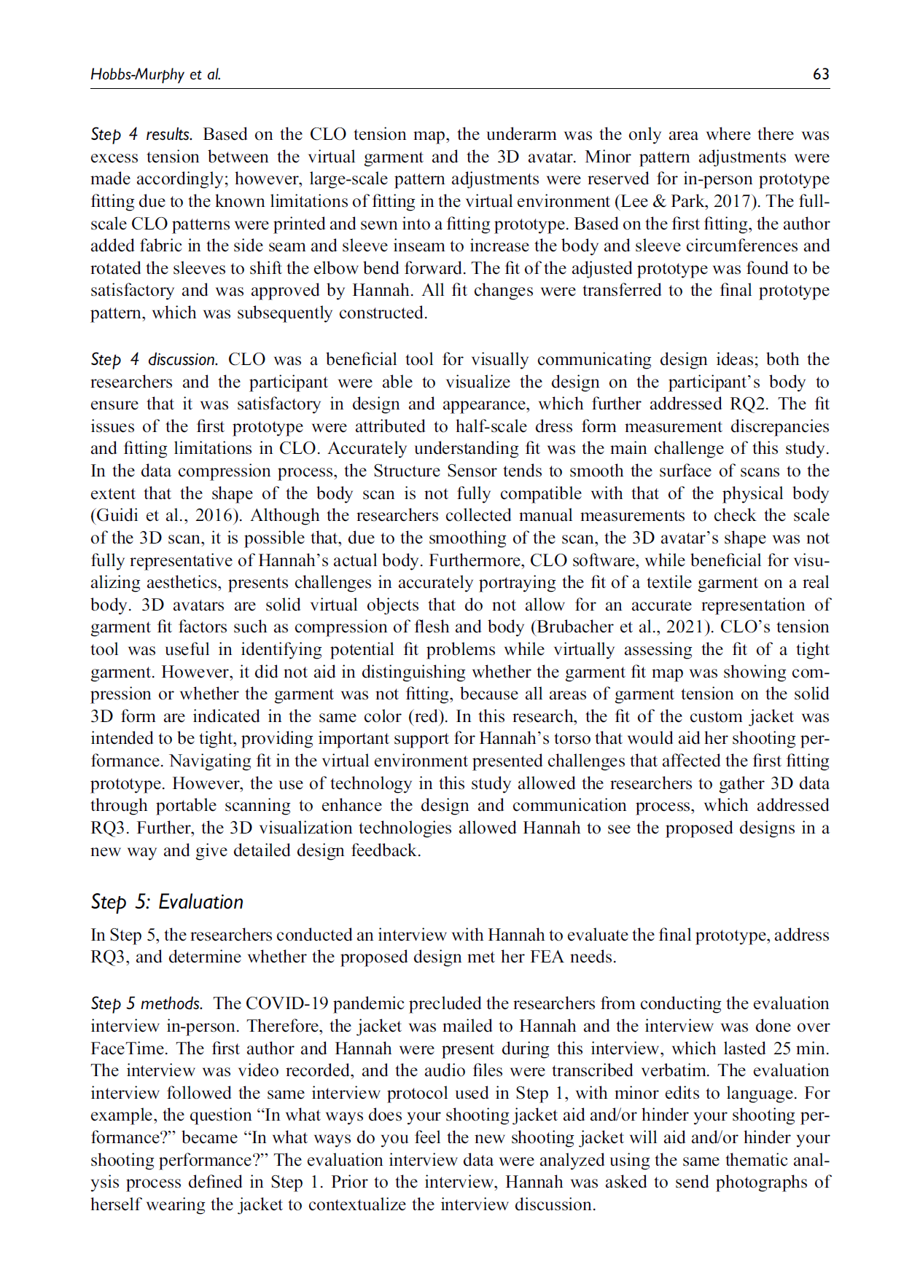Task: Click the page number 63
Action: coord(821,74)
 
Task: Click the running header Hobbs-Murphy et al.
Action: coord(155,74)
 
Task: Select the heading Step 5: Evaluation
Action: coord(167,901)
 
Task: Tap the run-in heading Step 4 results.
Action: coord(141,134)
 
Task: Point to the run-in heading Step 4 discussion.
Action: coord(154,359)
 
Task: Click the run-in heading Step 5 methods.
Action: coord(147,1003)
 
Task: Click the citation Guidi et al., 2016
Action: coord(166,515)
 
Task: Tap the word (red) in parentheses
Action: coord(427,716)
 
